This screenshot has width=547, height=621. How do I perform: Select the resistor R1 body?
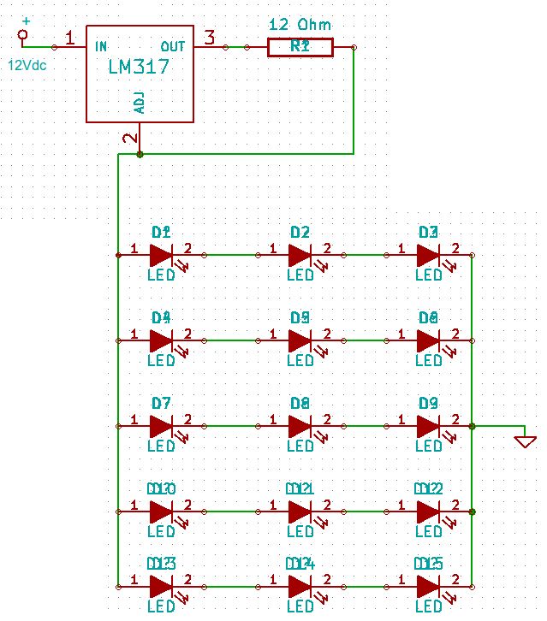click(300, 47)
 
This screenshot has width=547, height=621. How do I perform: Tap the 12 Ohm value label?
click(300, 24)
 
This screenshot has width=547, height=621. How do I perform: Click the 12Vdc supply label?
click(27, 65)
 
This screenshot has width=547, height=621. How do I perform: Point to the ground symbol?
click(525, 441)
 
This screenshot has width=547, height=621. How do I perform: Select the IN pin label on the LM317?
click(102, 46)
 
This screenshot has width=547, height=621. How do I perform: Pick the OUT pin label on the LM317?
click(173, 46)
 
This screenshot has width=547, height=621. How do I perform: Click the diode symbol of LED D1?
click(162, 255)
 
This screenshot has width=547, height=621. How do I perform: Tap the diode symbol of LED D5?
click(300, 340)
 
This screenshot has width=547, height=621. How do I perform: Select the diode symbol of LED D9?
click(428, 425)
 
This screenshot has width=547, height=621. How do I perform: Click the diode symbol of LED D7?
click(162, 425)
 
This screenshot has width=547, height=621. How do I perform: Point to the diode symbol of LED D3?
click(428, 255)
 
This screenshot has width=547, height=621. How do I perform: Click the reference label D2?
click(300, 232)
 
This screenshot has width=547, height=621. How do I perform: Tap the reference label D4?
click(161, 317)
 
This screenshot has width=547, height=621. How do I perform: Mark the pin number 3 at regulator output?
click(209, 36)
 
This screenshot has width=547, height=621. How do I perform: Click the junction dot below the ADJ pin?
click(140, 155)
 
